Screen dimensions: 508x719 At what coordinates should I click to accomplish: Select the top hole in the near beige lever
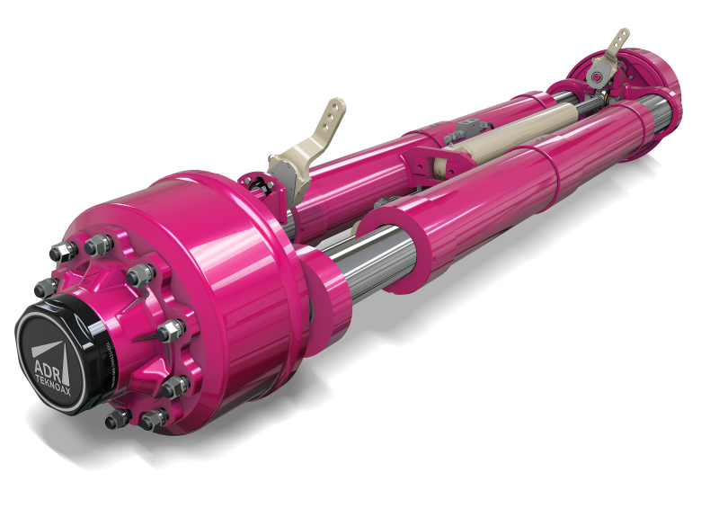[335, 103]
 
